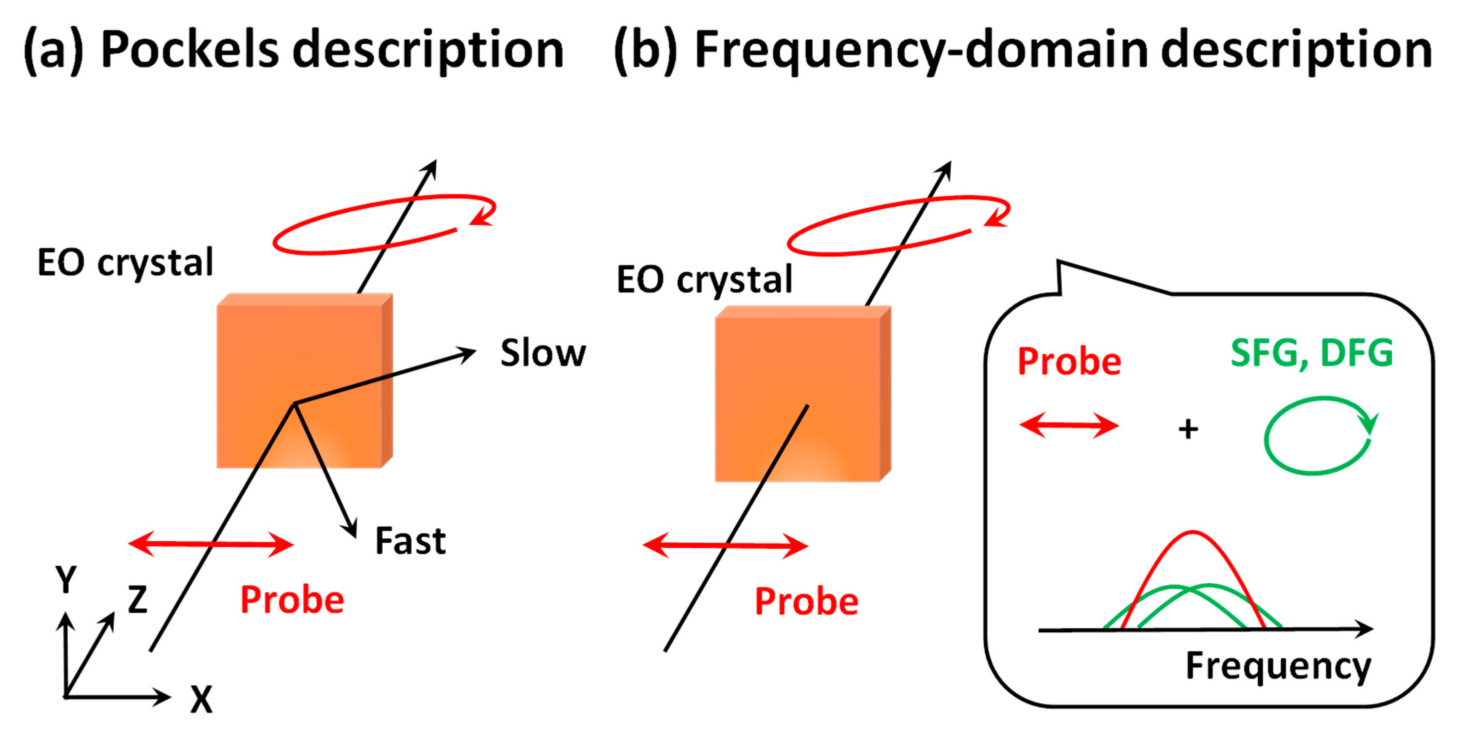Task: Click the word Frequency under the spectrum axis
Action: [1278, 666]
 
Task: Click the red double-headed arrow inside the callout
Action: [1068, 426]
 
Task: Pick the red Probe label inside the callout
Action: [1069, 362]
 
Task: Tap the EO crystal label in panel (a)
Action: [125, 263]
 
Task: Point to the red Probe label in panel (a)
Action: [292, 600]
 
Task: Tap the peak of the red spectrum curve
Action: [1193, 532]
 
